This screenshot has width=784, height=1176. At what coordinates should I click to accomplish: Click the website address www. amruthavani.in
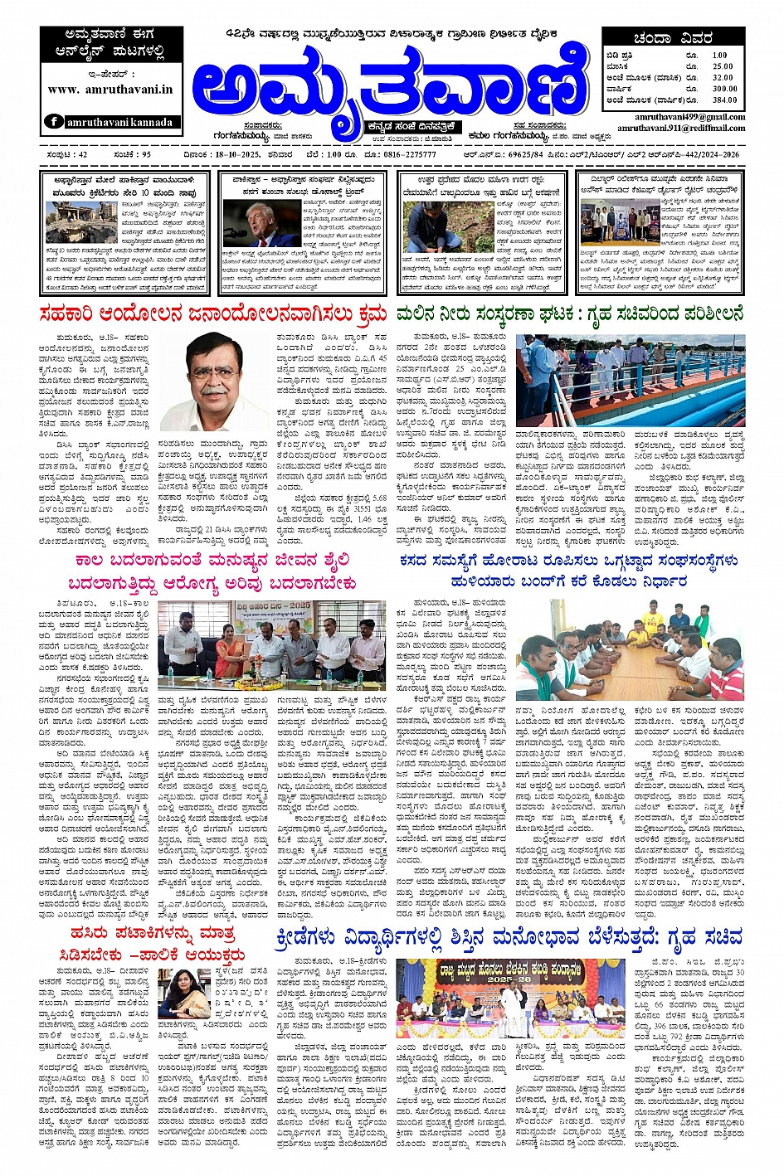click(110, 90)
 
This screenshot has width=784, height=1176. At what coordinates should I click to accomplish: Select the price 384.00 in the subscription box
click(723, 100)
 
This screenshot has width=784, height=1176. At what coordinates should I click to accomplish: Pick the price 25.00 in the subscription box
click(723, 66)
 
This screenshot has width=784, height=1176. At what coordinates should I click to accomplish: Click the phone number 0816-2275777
click(409, 154)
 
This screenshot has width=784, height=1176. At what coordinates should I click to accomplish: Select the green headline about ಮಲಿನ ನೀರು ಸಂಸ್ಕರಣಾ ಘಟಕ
click(569, 315)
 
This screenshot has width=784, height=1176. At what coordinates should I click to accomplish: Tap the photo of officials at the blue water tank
click(630, 379)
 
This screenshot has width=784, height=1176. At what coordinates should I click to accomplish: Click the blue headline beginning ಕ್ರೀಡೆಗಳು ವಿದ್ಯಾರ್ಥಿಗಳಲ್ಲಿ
click(509, 938)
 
